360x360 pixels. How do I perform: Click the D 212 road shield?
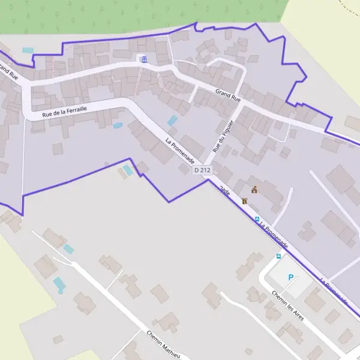point(203,170)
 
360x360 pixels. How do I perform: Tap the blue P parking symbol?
point(291,278)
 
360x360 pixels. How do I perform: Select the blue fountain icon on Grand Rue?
point(143,58)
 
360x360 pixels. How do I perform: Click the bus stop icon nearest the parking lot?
point(278,256)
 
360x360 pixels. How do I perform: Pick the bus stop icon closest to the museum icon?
point(257,219)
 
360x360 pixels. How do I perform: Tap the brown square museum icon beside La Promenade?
point(244,202)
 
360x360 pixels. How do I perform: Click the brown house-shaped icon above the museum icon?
point(254,190)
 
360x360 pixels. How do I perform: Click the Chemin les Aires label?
point(287,305)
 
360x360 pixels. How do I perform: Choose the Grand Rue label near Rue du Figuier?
point(228,95)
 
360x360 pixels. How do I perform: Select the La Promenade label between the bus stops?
point(274,235)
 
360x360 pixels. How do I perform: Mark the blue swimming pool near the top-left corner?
point(28,50)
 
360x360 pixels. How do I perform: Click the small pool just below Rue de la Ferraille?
point(118,126)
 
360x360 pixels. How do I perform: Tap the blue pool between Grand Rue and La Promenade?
point(172,121)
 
